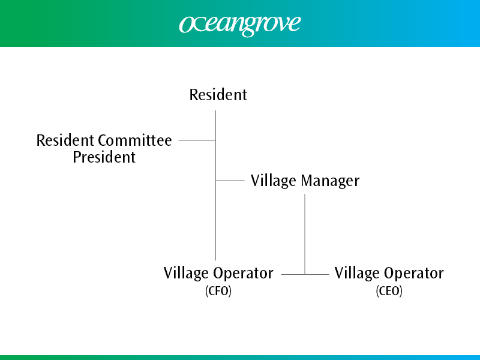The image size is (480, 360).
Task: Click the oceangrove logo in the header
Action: click(240, 25)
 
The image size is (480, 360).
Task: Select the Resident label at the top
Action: click(218, 95)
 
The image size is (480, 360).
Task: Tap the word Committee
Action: click(135, 140)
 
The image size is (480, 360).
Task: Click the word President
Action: click(104, 157)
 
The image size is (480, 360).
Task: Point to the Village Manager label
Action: click(305, 181)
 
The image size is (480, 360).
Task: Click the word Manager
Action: click(331, 181)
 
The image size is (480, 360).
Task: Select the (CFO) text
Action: click(218, 291)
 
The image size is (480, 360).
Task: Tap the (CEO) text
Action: click(389, 291)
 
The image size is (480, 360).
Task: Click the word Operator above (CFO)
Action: click(244, 273)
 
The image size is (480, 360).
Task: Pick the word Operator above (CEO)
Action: click(414, 273)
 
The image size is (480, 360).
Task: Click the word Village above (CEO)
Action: click(357, 273)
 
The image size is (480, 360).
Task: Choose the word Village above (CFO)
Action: click(186, 273)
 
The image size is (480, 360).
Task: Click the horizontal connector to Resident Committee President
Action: click(197, 140)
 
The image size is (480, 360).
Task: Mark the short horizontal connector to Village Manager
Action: click(230, 181)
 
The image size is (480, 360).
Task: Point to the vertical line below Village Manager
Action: click(305, 234)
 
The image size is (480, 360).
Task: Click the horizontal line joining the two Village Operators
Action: click(305, 275)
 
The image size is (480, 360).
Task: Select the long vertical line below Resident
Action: click(215, 185)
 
